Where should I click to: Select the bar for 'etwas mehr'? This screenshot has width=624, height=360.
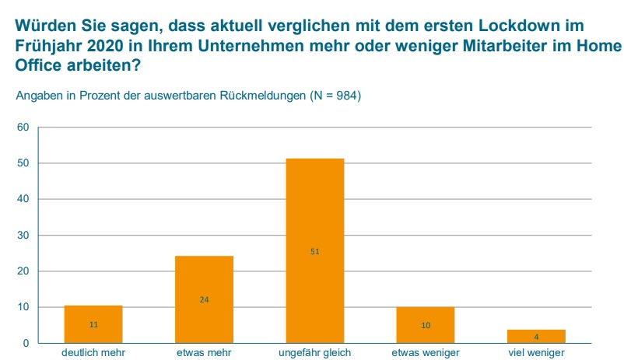[x=204, y=299]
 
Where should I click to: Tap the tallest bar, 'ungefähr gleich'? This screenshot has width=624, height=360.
[x=315, y=250]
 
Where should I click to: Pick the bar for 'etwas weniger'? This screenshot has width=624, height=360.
[x=426, y=325]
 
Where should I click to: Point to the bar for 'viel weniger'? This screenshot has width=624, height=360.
[x=536, y=337]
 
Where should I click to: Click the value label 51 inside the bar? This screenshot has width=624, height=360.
[x=315, y=251]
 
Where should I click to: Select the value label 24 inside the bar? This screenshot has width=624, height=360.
[x=204, y=299]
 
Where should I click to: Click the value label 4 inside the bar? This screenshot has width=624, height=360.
[x=536, y=337]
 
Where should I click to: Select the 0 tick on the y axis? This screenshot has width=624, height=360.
[x=26, y=343]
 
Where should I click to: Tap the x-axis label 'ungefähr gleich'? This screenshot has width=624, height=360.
[x=315, y=353]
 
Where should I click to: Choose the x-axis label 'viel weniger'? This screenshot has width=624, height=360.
[x=536, y=353]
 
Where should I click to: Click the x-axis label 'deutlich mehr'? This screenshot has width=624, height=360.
[x=93, y=353]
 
